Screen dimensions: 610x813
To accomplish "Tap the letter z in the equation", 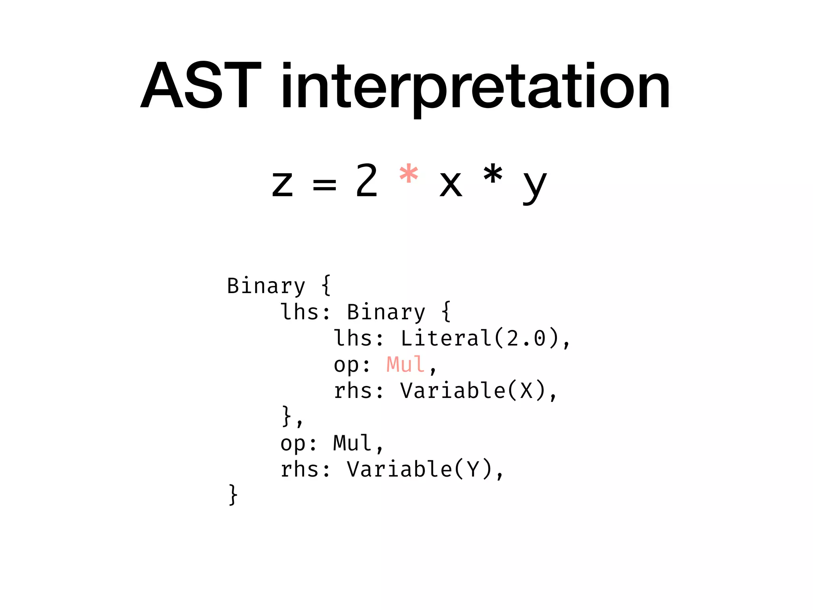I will point(282,184).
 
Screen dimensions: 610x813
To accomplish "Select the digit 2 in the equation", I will point(366,181).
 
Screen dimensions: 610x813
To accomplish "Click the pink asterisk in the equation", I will point(408,175).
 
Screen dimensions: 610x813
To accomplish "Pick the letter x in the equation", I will point(451,184).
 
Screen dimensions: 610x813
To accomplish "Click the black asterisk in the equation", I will point(493,175).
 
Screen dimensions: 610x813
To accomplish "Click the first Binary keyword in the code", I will point(266,286).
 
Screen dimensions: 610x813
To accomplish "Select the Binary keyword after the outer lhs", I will point(386,312).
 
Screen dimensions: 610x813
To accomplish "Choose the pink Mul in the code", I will point(405,364).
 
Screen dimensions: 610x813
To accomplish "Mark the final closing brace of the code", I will point(233,495).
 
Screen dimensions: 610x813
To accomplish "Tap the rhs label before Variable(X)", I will point(353,390).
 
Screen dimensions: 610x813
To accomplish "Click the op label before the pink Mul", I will point(346,365).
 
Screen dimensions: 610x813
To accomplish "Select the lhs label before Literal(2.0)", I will point(353,338).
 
